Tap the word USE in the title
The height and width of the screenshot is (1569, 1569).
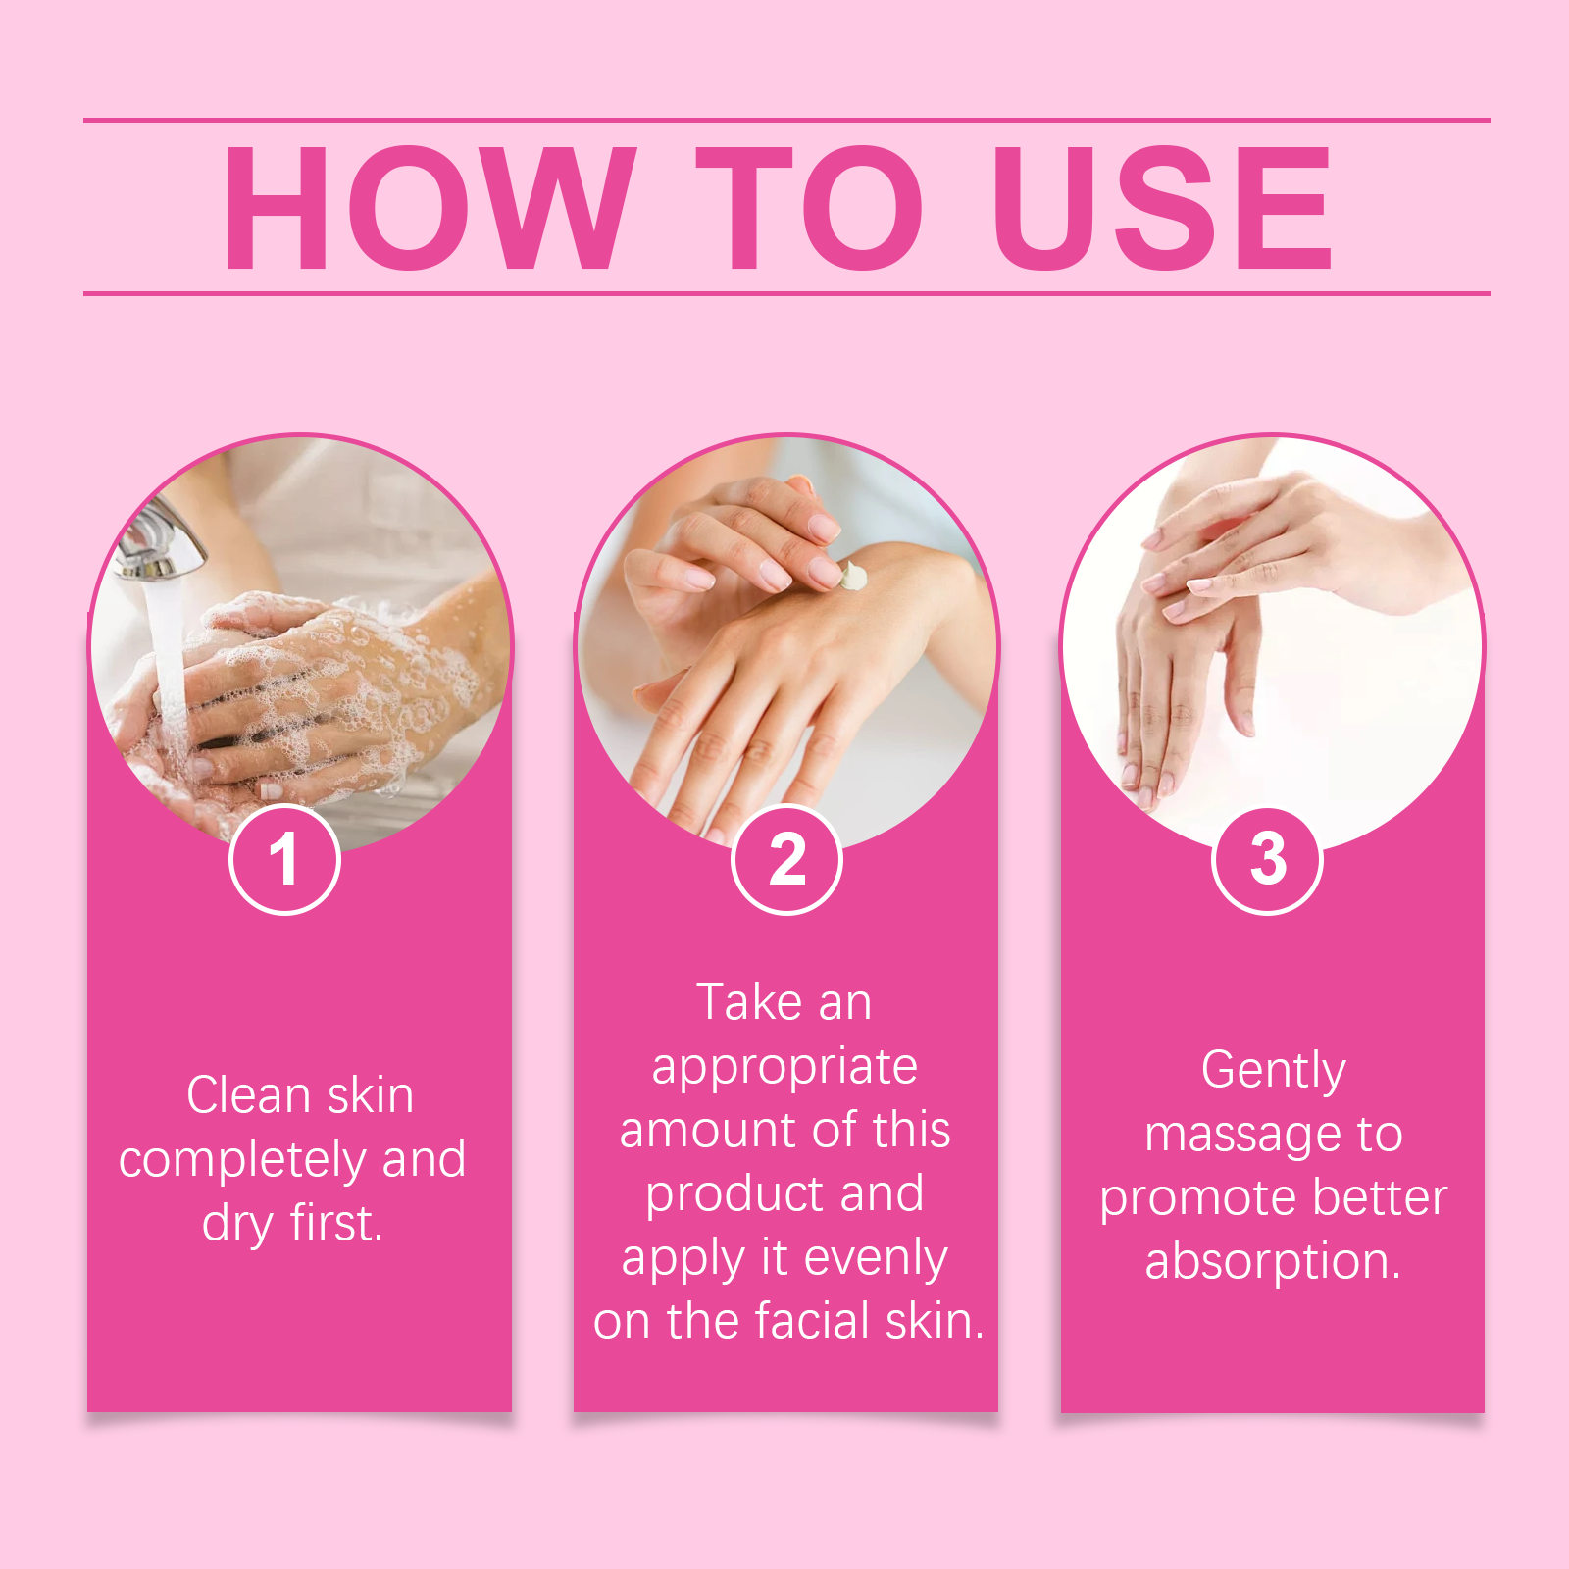click(1162, 207)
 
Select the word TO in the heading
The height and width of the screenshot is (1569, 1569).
click(810, 207)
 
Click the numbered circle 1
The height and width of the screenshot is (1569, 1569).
click(284, 859)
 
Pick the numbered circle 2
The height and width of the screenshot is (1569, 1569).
click(786, 859)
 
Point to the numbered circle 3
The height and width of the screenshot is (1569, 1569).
click(1268, 859)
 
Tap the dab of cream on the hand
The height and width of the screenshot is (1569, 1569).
click(853, 576)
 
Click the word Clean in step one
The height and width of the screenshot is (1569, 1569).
click(249, 1094)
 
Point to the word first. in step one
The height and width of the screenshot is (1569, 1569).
click(335, 1223)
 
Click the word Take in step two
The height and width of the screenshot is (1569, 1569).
click(749, 1002)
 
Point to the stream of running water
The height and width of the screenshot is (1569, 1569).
click(169, 667)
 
